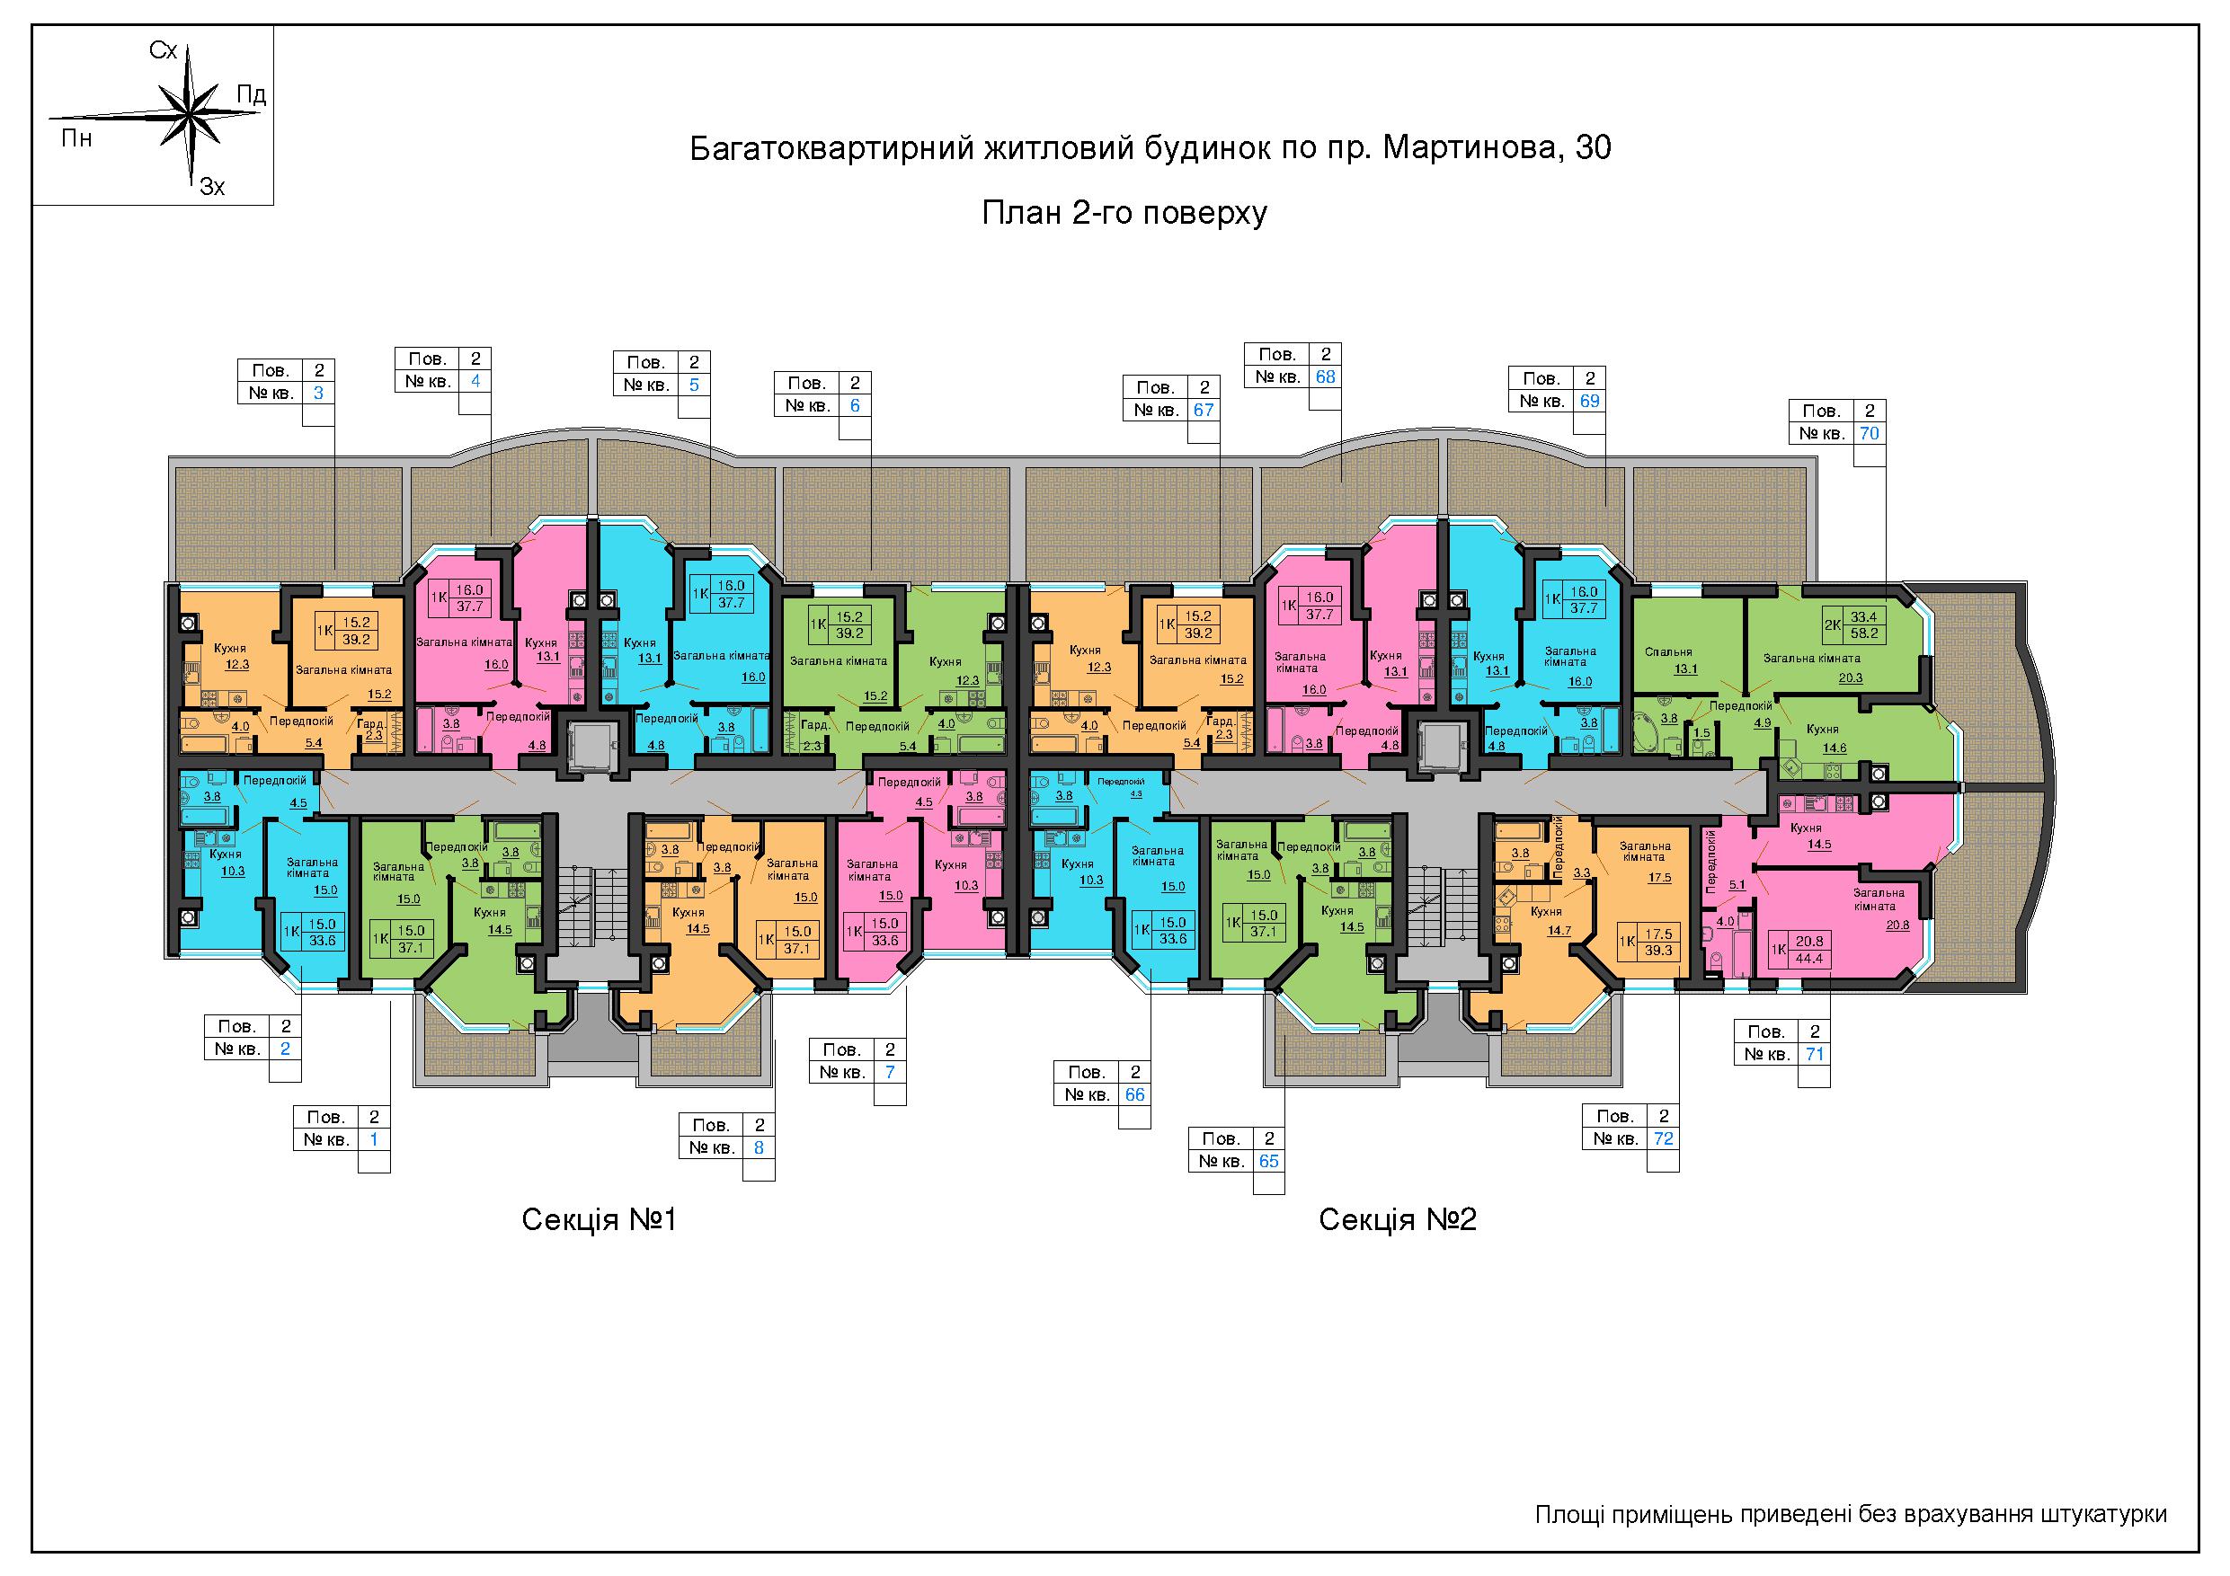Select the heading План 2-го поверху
1124,213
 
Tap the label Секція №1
599,1219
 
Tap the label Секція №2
1397,1219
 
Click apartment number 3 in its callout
318,394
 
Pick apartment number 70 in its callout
1869,433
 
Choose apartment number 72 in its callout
1663,1138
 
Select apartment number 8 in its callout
759,1147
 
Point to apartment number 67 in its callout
1204,410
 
